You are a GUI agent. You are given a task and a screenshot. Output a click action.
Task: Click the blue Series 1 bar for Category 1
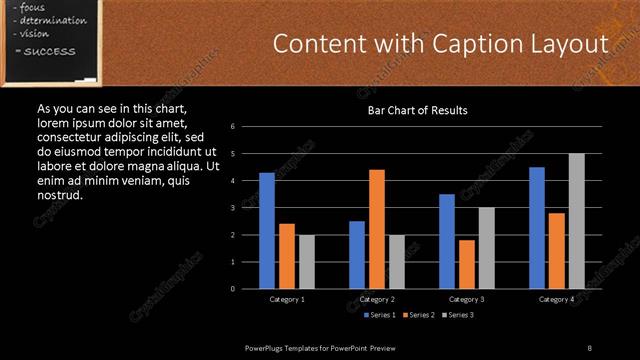(x=267, y=231)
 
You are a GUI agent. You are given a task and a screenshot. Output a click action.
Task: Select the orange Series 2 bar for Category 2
(x=377, y=229)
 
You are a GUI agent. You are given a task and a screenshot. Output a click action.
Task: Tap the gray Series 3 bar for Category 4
(x=577, y=221)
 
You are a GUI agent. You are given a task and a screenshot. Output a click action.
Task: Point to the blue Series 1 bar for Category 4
(x=537, y=228)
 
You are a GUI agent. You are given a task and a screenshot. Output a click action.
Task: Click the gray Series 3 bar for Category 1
(x=307, y=262)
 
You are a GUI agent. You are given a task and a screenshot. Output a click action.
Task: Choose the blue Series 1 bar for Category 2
(x=357, y=255)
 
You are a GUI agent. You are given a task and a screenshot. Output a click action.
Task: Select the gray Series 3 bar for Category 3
(x=487, y=248)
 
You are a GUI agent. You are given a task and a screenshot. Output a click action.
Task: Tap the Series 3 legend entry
(x=458, y=315)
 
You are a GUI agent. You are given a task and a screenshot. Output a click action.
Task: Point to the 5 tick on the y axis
(x=233, y=154)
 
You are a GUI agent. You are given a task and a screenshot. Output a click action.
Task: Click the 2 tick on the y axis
(x=233, y=235)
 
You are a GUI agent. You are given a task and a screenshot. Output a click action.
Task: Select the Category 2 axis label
(x=377, y=299)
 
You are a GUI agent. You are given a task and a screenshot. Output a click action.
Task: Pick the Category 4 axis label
(x=557, y=299)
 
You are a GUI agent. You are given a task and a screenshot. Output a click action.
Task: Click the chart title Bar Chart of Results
(x=417, y=110)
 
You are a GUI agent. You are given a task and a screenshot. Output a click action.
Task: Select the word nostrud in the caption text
(x=59, y=194)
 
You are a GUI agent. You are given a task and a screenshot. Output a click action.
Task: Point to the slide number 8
(x=589, y=347)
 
